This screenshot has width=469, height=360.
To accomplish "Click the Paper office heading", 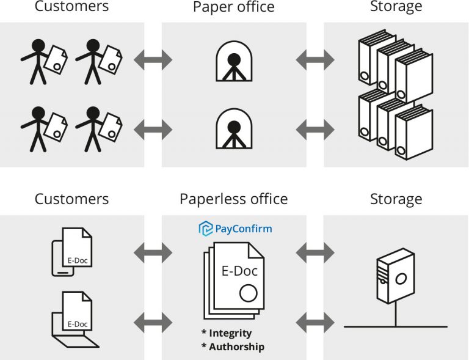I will click(233, 7).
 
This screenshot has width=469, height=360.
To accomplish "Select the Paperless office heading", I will click(233, 199).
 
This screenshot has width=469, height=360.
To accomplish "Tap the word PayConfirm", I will click(243, 229).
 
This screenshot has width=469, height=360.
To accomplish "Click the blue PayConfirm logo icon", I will click(206, 229).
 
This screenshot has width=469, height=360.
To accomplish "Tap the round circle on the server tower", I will click(401, 280).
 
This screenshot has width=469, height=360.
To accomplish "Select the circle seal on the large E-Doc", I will click(247, 295).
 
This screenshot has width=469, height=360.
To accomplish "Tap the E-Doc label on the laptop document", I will click(78, 324).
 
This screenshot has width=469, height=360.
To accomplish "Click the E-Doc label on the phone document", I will click(79, 260).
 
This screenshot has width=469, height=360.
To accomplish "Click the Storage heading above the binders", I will click(396, 7).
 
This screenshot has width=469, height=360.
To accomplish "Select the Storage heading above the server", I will click(396, 199).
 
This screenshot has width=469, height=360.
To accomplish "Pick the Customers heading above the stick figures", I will click(71, 7).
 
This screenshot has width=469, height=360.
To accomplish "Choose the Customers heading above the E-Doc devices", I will click(71, 199).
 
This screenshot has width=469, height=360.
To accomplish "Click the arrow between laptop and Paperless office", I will click(153, 322).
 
